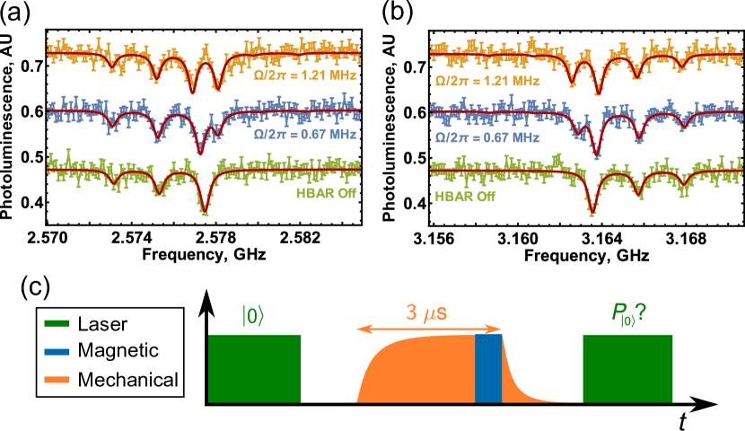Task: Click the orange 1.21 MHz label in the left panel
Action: (305, 76)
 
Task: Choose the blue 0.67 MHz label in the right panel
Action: (486, 138)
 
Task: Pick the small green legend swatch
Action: (57, 323)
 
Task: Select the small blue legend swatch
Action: (57, 351)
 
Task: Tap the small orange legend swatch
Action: (57, 379)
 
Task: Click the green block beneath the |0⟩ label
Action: (254, 368)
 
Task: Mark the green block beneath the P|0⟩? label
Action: (627, 368)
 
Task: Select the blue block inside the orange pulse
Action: (488, 368)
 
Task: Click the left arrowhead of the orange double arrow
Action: (360, 330)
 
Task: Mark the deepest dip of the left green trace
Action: (205, 211)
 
